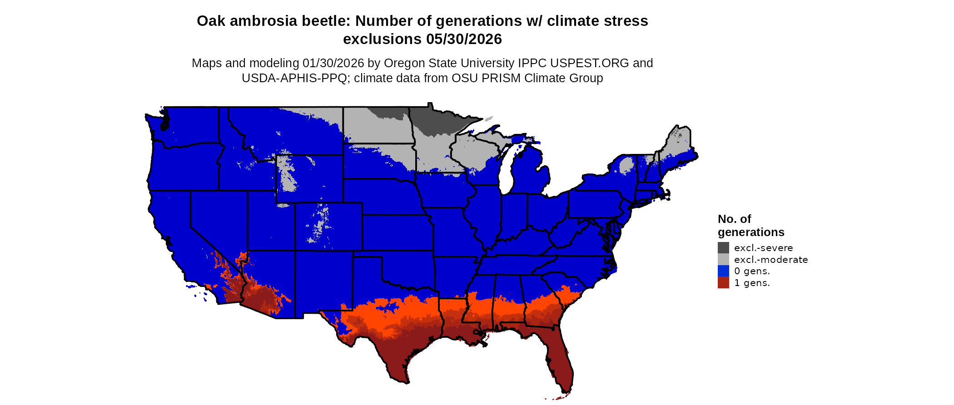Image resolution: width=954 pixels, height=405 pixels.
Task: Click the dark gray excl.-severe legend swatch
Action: [x=723, y=247]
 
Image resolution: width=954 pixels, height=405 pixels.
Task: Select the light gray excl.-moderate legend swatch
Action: [x=723, y=259]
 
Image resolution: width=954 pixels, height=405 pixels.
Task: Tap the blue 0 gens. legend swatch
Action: [x=723, y=271]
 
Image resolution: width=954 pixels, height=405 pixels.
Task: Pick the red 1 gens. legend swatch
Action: [x=723, y=283]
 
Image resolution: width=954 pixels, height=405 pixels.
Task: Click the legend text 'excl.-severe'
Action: [x=763, y=248]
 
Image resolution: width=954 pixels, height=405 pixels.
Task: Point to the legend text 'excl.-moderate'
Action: [x=771, y=260]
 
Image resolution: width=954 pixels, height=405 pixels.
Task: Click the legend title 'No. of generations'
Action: [x=750, y=226]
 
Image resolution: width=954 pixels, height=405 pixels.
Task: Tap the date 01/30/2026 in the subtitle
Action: [x=333, y=63]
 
